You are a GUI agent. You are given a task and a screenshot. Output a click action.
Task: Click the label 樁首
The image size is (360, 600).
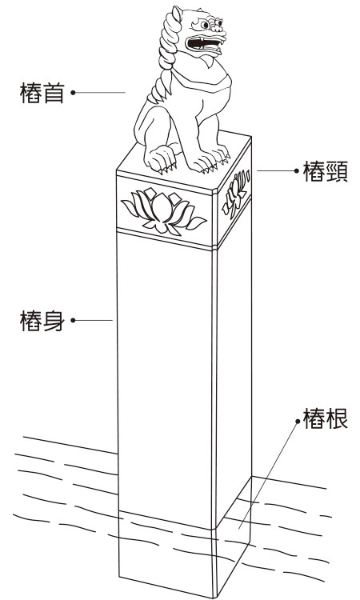[42, 93]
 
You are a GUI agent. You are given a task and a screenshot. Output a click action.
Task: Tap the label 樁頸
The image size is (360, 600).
[325, 171]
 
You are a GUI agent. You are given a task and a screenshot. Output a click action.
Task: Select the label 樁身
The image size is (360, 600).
[42, 320]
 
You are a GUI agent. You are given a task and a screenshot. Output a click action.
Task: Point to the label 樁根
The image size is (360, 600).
[325, 418]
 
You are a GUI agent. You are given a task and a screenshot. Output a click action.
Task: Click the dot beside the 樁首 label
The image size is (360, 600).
[73, 93]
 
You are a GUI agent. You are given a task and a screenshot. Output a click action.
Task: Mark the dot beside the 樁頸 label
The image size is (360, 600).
[297, 170]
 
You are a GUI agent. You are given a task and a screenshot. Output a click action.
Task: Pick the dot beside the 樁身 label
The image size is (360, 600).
[73, 320]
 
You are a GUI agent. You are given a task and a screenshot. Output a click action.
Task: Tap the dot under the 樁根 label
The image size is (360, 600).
[298, 422]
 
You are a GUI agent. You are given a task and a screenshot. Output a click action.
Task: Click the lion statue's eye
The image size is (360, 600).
[205, 26]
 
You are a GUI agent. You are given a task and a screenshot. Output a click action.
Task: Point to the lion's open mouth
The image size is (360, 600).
[205, 44]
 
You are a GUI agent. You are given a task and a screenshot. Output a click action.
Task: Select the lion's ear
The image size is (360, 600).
[177, 14]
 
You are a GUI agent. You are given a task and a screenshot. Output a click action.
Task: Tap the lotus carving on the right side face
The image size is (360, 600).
[235, 193]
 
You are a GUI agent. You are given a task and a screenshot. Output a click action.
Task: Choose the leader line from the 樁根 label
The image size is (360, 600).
[268, 475]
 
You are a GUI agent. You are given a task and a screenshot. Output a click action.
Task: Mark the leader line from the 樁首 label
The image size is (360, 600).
[99, 93]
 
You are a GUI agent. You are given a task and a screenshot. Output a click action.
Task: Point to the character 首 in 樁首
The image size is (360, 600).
[53, 93]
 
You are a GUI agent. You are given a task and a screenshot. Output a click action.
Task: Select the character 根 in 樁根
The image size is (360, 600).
[337, 418]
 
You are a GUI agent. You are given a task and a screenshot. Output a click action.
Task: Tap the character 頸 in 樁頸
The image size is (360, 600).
[337, 171]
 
